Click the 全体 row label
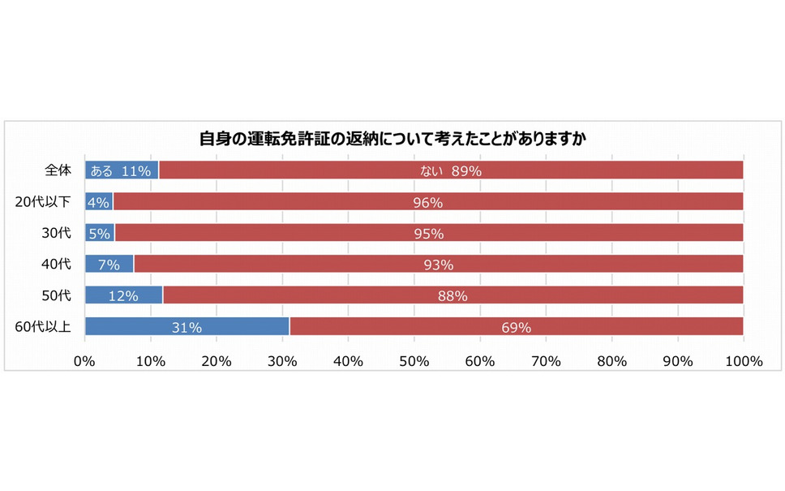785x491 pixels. point(58,170)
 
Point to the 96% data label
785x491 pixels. point(427,203)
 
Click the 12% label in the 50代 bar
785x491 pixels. point(123,296)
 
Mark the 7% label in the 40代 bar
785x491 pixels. point(109,265)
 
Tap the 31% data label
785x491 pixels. point(187,328)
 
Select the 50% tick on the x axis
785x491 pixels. point(414,362)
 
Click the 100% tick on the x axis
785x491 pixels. point(744,362)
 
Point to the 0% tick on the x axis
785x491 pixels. point(85,362)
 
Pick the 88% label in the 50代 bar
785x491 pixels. point(453,296)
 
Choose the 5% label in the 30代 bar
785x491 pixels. point(99,234)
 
